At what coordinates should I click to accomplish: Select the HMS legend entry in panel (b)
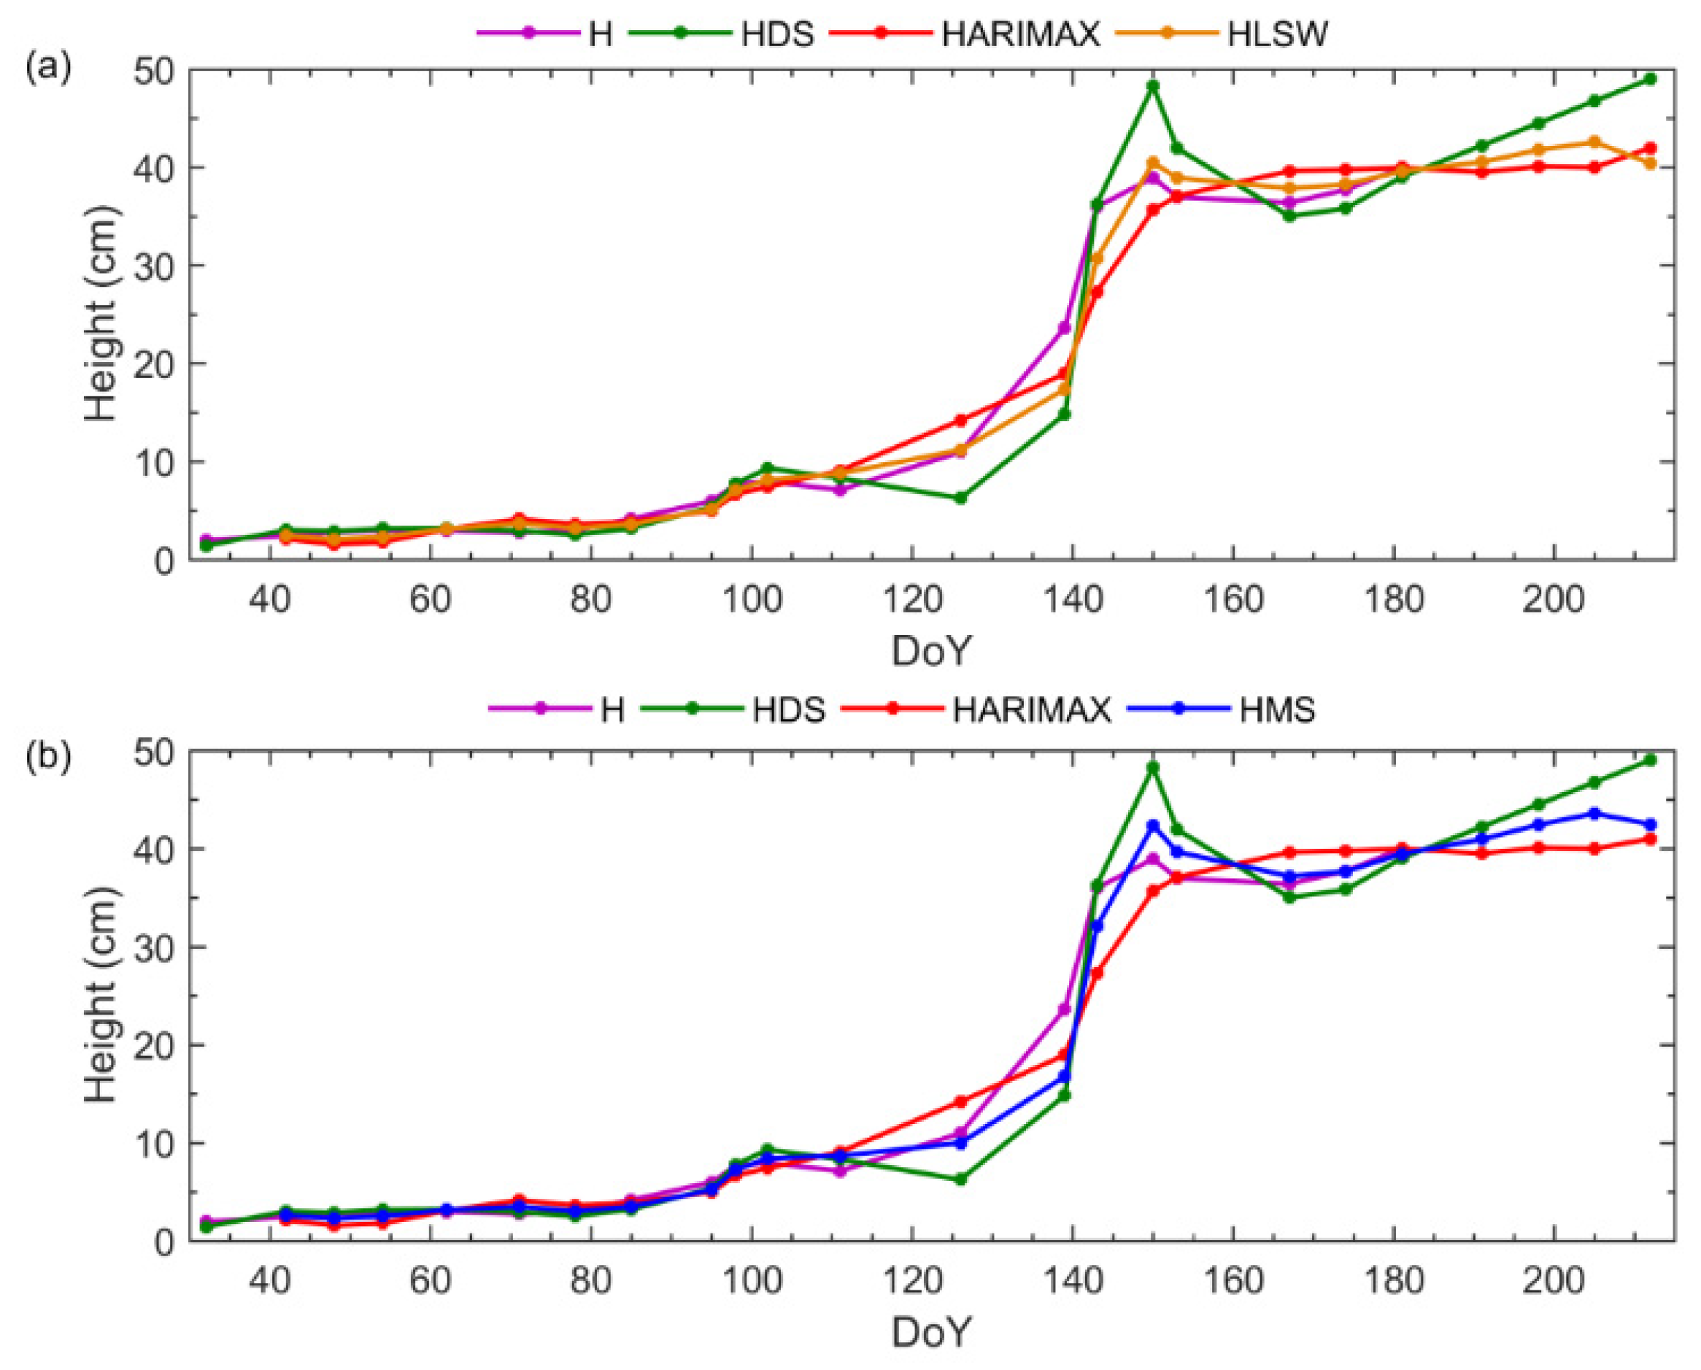click(x=1276, y=709)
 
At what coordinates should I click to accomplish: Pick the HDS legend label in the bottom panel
click(x=788, y=709)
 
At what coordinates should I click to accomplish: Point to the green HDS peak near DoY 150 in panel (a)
click(x=1153, y=85)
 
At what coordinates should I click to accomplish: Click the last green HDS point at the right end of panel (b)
click(x=1650, y=760)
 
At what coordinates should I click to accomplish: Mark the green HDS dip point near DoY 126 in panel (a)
click(x=961, y=498)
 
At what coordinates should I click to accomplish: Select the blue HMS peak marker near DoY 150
click(x=1153, y=826)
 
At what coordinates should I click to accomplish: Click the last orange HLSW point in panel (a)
click(x=1650, y=163)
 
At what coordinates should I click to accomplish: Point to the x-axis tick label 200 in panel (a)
click(x=1553, y=601)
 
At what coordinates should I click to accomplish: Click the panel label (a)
click(x=49, y=69)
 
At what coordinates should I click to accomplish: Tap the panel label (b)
click(x=49, y=755)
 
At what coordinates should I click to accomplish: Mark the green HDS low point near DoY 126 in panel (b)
click(x=961, y=1179)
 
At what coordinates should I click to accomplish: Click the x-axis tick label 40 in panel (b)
click(x=271, y=1280)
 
